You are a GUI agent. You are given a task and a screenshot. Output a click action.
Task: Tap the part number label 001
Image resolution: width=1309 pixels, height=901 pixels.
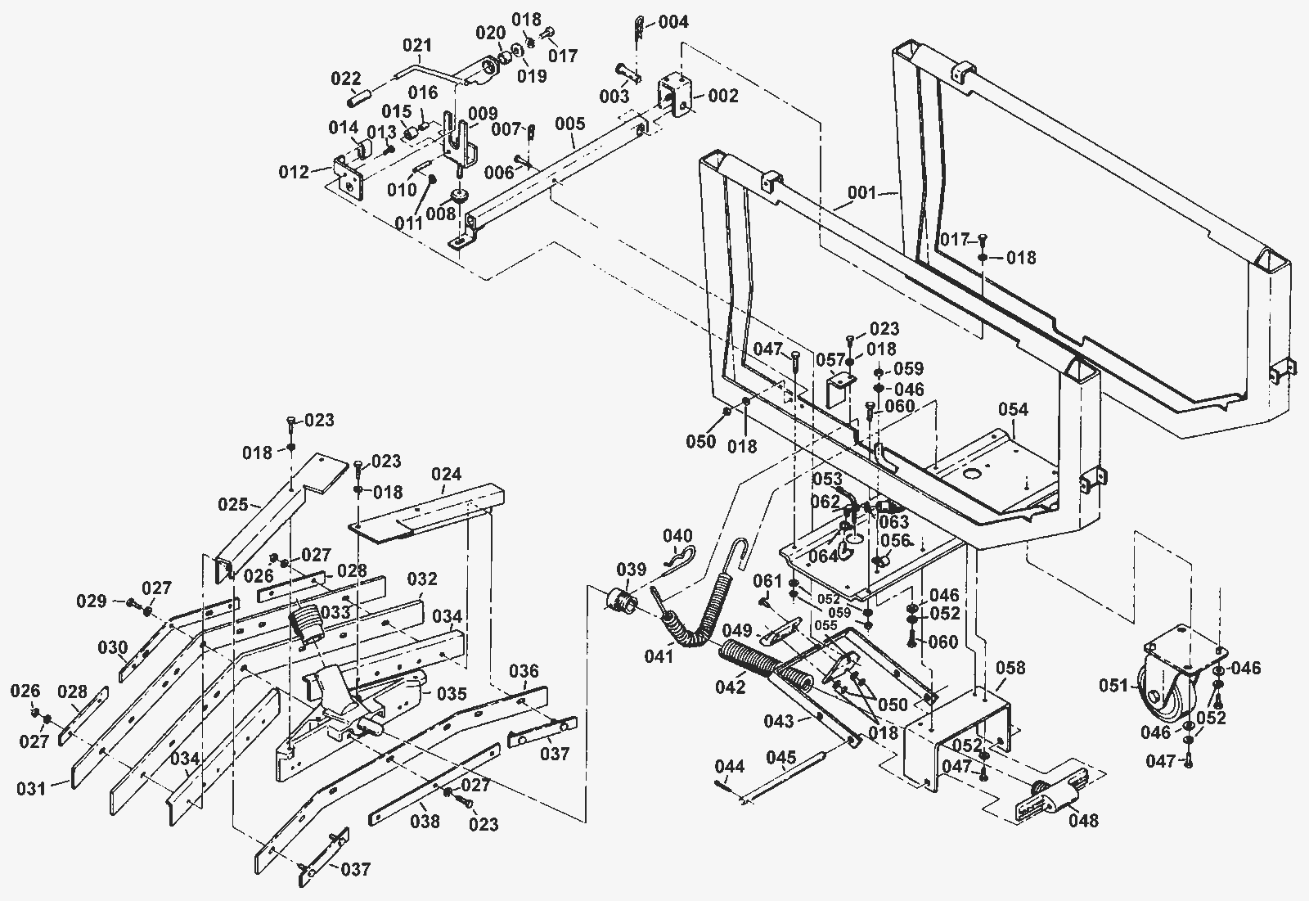[x=862, y=192]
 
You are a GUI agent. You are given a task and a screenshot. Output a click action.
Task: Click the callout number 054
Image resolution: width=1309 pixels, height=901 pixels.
[x=1013, y=409]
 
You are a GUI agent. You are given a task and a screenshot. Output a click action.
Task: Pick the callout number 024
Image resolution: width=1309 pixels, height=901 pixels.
[x=447, y=474]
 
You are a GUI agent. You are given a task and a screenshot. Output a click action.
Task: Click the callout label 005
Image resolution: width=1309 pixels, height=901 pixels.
[x=569, y=124]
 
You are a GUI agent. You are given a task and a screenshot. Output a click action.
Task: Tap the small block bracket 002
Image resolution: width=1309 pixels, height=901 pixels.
[x=674, y=95]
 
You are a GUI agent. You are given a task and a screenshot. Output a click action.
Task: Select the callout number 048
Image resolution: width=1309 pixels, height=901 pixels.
[x=1083, y=820]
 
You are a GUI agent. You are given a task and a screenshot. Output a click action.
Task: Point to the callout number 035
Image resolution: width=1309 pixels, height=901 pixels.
[x=452, y=694]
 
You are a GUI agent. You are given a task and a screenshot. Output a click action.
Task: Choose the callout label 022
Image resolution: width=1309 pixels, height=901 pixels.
[x=346, y=79]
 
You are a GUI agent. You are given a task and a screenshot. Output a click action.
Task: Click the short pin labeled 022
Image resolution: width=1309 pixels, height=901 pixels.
[x=359, y=98]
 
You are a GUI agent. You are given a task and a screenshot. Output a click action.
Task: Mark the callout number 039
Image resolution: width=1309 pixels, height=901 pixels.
[x=632, y=569]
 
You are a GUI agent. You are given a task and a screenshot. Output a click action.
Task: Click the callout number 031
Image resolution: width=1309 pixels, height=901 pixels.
[x=31, y=789]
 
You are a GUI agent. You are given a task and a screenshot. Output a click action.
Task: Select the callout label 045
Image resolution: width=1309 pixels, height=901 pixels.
[x=781, y=758]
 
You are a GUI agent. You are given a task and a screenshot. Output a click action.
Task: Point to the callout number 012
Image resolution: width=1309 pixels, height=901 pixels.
[x=294, y=173]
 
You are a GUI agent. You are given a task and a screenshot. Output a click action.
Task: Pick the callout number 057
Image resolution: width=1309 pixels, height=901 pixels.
[x=830, y=360]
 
